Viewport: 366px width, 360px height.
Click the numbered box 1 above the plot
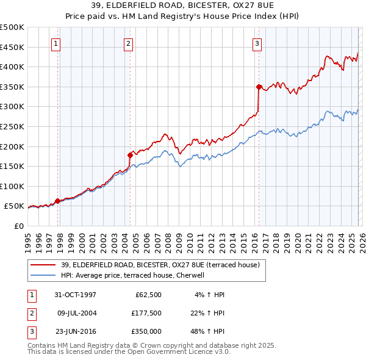[x=56, y=43]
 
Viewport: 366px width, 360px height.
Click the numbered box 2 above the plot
[x=129, y=43]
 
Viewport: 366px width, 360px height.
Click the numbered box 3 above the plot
[x=257, y=43]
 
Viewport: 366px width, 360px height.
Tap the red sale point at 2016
[x=259, y=87]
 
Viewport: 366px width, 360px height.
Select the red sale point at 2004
[x=130, y=155]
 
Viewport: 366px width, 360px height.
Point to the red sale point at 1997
[x=58, y=201]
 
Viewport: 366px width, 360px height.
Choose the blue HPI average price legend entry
[x=135, y=275]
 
